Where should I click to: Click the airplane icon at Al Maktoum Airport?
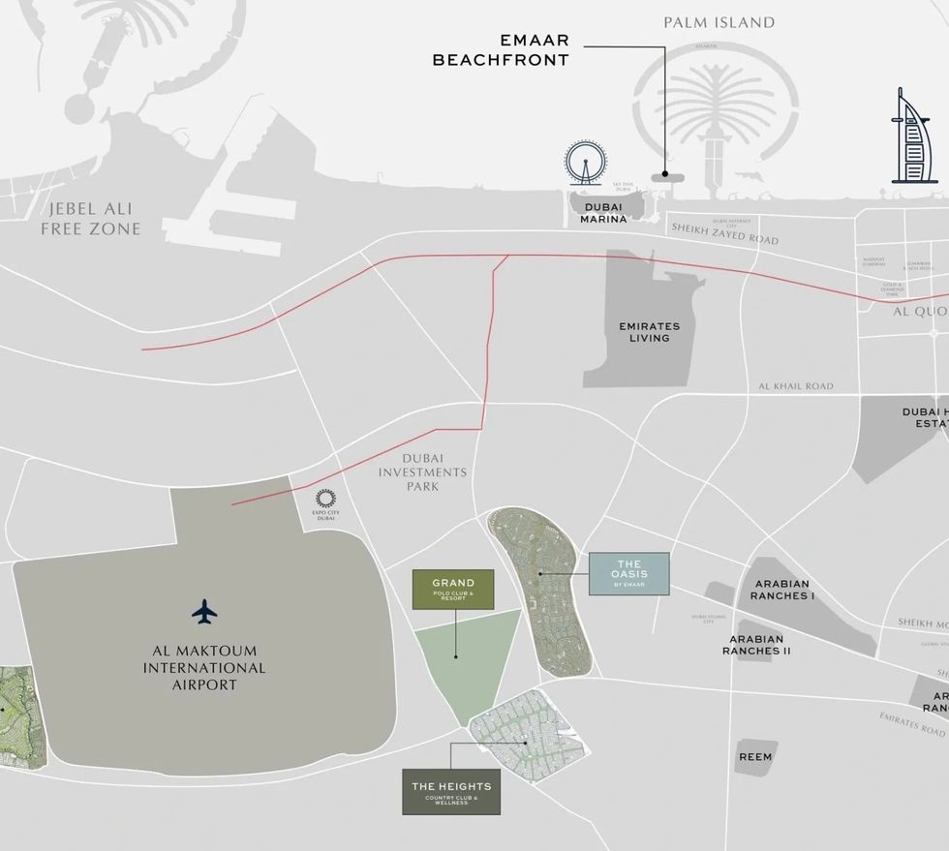pyautogui.click(x=204, y=612)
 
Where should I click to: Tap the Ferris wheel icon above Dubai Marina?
pyautogui.click(x=585, y=163)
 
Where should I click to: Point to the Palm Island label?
pyautogui.click(x=719, y=22)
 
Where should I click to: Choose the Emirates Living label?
pyautogui.click(x=649, y=332)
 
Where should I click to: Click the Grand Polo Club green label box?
pyautogui.click(x=453, y=590)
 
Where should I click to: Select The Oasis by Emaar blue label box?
pyautogui.click(x=628, y=573)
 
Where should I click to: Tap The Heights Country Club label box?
pyautogui.click(x=451, y=792)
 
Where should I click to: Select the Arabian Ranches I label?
pyautogui.click(x=781, y=590)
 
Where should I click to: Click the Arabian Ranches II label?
pyautogui.click(x=756, y=645)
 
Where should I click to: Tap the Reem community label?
pyautogui.click(x=755, y=756)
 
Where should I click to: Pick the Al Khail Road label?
pyautogui.click(x=796, y=386)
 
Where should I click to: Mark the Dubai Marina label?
pyautogui.click(x=603, y=212)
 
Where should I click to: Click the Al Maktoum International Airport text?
pyautogui.click(x=203, y=668)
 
